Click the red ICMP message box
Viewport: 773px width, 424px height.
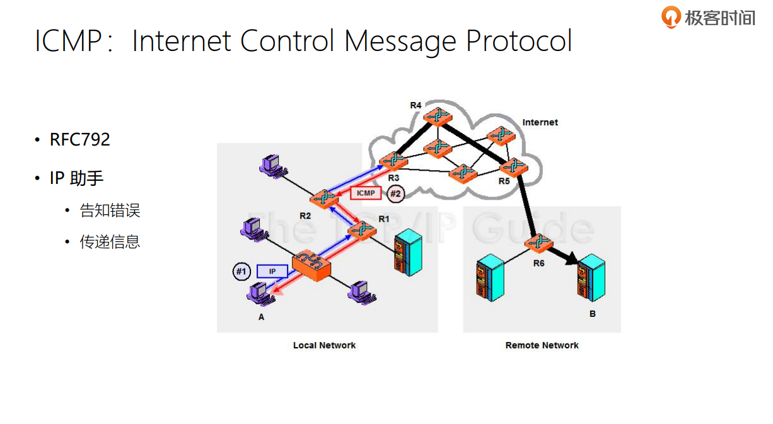tap(366, 193)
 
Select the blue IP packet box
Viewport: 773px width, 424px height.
tap(272, 272)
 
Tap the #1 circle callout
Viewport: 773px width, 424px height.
tap(241, 272)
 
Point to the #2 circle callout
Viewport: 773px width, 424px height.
tap(395, 193)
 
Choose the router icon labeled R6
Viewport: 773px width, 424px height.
tap(541, 243)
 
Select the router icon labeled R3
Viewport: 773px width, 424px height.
tap(393, 160)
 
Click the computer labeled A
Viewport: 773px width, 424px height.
tap(257, 293)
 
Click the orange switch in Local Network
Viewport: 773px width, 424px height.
tap(311, 265)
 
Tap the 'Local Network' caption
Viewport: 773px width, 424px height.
tap(324, 345)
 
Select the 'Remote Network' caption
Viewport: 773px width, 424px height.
tap(542, 345)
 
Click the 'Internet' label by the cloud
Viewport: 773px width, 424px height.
tap(540, 122)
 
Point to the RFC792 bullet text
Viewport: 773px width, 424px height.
tap(80, 140)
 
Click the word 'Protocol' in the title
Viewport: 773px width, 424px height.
tap(518, 41)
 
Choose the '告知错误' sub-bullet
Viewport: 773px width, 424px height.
tap(110, 210)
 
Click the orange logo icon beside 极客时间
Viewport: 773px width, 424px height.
tap(671, 16)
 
